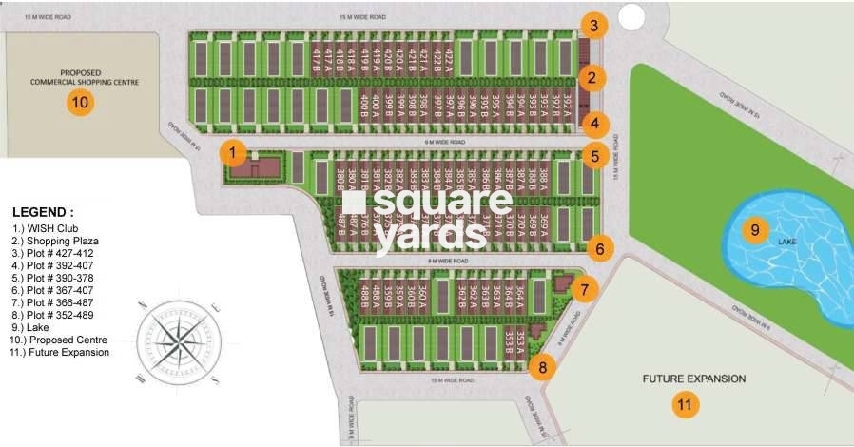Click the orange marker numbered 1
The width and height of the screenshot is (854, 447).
click(x=234, y=152)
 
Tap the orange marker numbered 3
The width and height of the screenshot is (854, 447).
click(x=592, y=26)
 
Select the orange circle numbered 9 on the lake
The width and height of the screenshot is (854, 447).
click(x=754, y=230)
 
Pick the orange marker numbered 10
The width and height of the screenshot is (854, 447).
click(x=81, y=103)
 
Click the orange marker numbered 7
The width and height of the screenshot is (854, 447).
click(x=586, y=288)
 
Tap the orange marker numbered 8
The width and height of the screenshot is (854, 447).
click(x=541, y=366)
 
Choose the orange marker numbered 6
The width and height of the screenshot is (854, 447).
click(x=599, y=249)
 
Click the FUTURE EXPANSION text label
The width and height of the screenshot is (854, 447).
click(x=693, y=379)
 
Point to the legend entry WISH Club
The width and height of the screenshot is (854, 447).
click(x=57, y=228)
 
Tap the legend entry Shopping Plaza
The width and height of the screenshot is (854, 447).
click(x=66, y=241)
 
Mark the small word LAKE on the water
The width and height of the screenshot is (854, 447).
click(x=787, y=243)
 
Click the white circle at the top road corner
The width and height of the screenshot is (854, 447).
click(x=631, y=16)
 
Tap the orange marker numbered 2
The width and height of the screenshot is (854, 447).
click(x=592, y=78)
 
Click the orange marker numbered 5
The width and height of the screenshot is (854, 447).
click(x=593, y=156)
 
